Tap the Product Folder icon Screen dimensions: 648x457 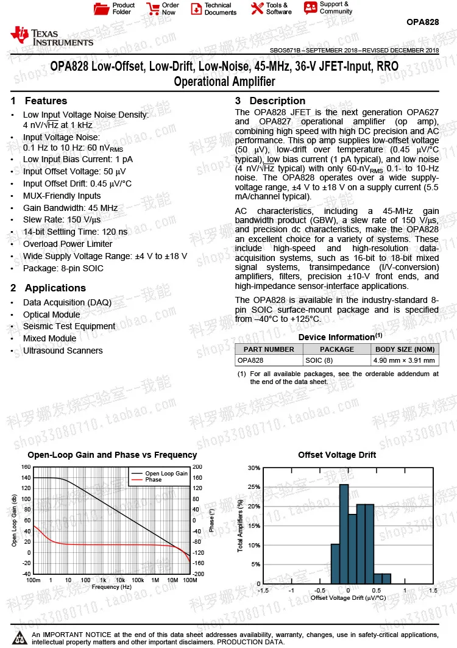pyautogui.click(x=101, y=9)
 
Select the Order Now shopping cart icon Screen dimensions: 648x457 pyautogui.click(x=152, y=9)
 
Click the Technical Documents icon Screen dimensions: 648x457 pyautogui.click(x=196, y=9)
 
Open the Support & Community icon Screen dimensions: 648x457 pyautogui.click(x=311, y=8)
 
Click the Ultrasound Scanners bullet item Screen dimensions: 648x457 pyautogui.click(x=63, y=351)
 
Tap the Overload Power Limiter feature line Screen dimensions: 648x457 pyautogui.click(x=68, y=244)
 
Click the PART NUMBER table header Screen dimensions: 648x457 pyautogui.click(x=269, y=349)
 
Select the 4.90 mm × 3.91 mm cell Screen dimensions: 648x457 pyautogui.click(x=405, y=360)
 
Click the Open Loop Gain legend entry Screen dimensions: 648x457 pyautogui.click(x=166, y=473)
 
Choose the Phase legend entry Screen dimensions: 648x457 pyautogui.click(x=154, y=480)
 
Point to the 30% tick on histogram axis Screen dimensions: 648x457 pyautogui.click(x=254, y=468)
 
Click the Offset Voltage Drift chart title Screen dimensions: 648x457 pyautogui.click(x=337, y=455)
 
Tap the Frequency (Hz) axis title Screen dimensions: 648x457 pyautogui.click(x=112, y=586)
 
